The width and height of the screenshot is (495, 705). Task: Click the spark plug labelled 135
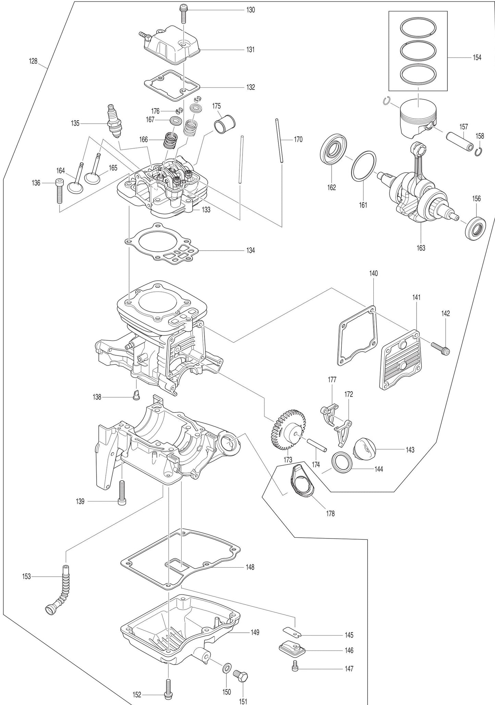(x=114, y=121)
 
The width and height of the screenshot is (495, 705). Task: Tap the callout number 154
(x=477, y=58)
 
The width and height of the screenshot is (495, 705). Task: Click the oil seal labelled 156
(x=475, y=227)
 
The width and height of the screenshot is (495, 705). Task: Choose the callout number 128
(x=33, y=61)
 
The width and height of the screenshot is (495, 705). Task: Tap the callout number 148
(x=250, y=567)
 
